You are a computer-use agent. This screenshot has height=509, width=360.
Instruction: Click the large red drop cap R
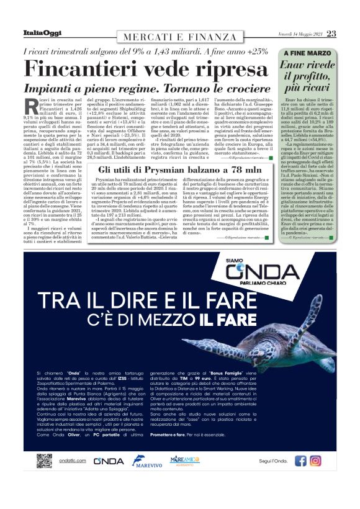click(33, 106)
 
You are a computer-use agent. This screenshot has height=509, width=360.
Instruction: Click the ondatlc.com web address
click(71, 461)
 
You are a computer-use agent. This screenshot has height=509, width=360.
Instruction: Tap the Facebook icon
click(301, 461)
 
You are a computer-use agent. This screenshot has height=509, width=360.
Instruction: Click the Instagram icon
click(316, 461)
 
